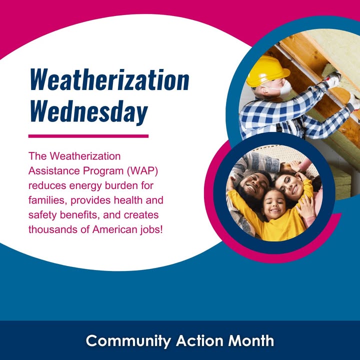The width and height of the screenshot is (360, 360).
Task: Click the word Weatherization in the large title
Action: coord(109,79)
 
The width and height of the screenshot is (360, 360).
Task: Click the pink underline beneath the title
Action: coord(88,136)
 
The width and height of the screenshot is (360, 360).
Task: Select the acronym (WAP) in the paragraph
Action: coord(142,171)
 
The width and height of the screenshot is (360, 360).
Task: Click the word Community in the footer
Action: coord(128,341)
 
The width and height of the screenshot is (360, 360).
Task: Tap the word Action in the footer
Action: coord(199,340)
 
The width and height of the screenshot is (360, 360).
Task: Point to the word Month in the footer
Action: coord(251,340)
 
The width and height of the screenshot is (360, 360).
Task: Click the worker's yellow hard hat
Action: coord(267,71)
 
